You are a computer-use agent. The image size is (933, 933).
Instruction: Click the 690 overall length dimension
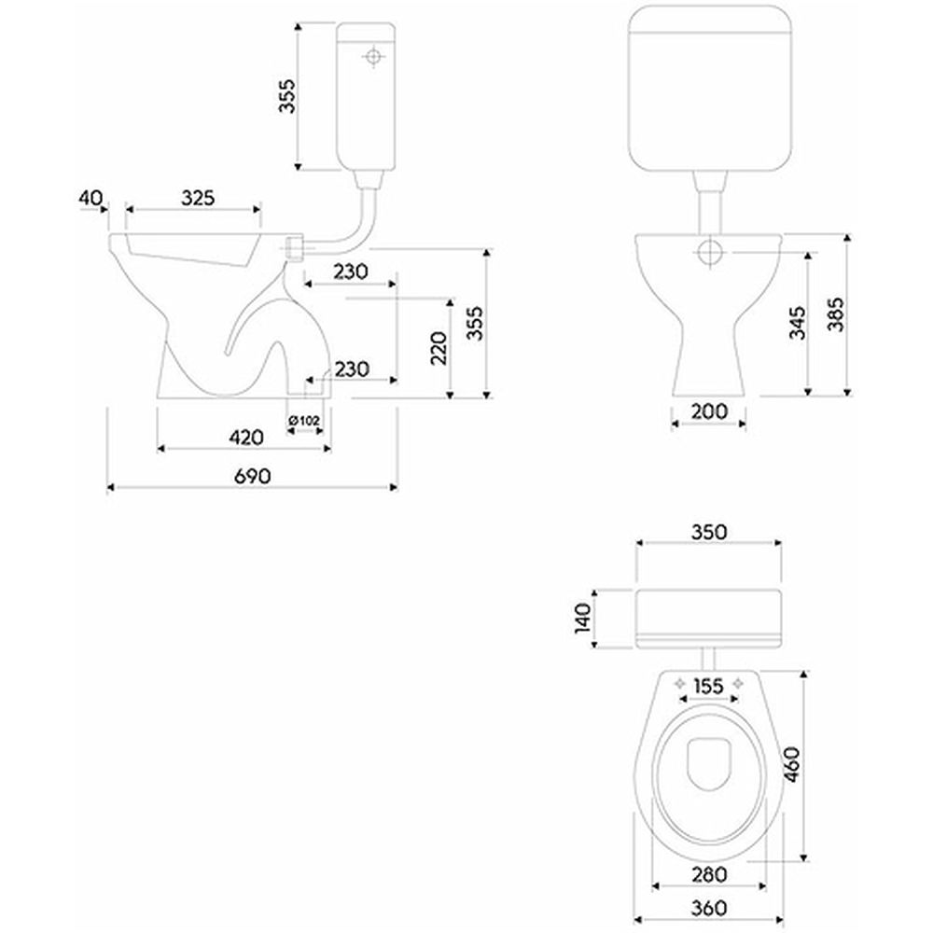252,475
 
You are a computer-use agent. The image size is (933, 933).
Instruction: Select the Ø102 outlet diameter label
304,421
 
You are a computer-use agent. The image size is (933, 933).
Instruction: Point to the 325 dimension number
198,198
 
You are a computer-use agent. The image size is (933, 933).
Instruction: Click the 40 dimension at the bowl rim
91,198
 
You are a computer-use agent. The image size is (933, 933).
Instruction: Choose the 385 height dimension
835,315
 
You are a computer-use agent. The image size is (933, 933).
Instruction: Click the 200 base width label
709,411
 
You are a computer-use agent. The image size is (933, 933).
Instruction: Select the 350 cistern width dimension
708,532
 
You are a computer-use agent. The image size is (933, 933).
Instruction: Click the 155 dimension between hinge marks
709,687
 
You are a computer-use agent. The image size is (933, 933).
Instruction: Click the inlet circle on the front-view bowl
710,251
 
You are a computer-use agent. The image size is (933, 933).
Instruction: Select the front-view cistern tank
709,89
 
